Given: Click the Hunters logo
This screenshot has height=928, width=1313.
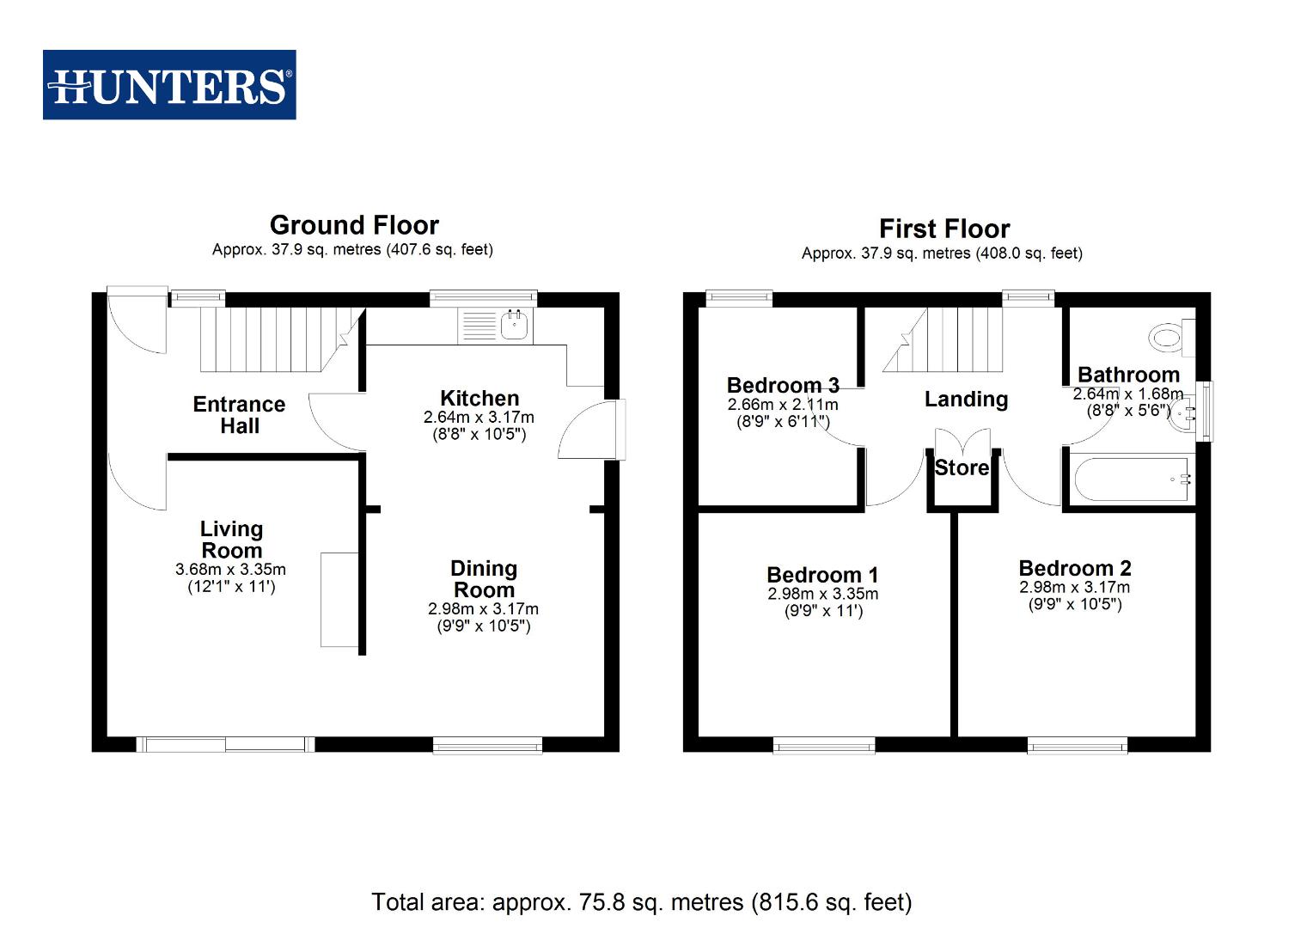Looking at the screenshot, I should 169,85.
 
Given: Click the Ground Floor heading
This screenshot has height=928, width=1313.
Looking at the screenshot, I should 354,225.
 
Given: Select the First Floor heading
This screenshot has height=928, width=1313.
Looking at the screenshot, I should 944,229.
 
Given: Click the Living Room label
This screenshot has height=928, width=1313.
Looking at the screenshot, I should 231,540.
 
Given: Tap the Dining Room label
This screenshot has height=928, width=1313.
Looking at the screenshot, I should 484,579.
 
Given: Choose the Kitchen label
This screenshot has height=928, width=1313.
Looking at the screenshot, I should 479,398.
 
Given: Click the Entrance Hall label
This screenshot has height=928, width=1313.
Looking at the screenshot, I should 239,414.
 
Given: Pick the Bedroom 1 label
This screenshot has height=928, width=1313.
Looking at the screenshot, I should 822,574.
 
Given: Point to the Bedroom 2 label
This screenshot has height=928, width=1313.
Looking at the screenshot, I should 1074,568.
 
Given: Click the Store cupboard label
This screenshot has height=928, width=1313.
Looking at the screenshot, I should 962,467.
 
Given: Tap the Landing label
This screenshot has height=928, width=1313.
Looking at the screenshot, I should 966,399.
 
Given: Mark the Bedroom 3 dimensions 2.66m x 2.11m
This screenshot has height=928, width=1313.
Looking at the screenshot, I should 783,405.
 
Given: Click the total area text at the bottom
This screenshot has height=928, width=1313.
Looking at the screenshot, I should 641,901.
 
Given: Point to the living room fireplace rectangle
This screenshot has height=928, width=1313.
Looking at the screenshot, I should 339,599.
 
